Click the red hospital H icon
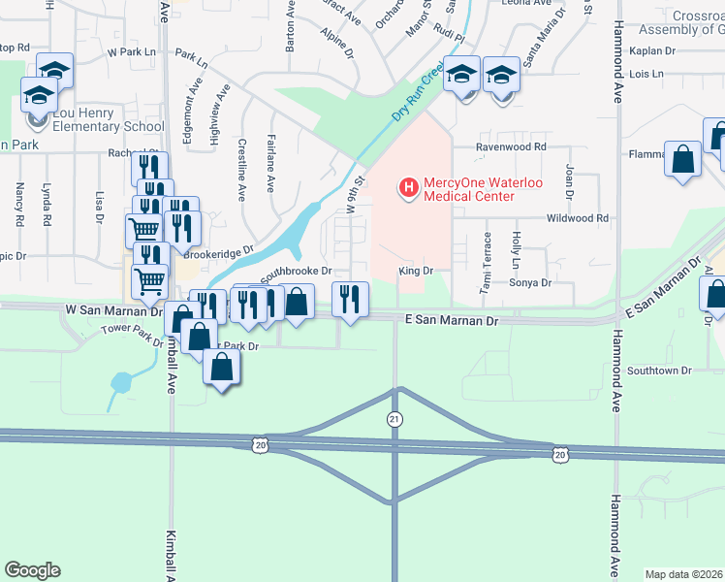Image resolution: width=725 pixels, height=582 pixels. tap(408, 185)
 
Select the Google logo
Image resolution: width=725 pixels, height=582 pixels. tap(32, 569)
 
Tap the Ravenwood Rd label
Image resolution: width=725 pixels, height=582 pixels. tap(511, 147)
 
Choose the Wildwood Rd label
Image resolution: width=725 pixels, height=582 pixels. tap(578, 219)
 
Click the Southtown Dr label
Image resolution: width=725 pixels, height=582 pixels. tap(659, 371)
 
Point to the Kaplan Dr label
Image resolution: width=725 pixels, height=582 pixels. tap(650, 49)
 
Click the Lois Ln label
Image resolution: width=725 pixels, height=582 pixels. tap(645, 74)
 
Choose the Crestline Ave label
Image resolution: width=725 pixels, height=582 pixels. tap(242, 170)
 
